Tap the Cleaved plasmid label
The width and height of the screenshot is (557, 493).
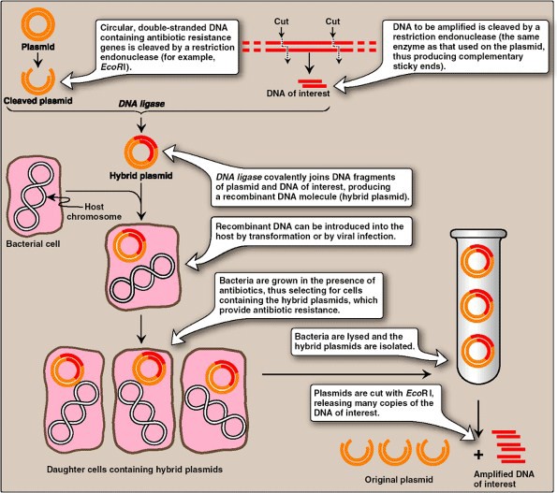(38, 101)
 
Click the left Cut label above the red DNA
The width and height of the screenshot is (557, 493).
(281, 22)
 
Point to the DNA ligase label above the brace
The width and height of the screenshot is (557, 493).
(141, 104)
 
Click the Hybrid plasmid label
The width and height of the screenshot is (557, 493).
(141, 176)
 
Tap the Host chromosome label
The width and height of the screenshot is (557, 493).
(95, 211)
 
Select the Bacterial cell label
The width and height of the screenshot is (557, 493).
(33, 244)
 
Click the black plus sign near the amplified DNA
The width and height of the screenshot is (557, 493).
(478, 455)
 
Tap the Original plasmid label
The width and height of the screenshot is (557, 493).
(399, 480)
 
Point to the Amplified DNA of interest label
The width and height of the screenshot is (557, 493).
(504, 479)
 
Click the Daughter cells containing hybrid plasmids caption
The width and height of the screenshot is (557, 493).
(135, 470)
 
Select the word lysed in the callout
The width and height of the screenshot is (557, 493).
(359, 336)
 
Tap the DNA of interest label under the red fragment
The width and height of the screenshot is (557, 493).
(298, 94)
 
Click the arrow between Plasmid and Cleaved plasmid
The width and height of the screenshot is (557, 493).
(37, 59)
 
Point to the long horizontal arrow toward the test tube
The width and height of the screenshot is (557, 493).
(346, 374)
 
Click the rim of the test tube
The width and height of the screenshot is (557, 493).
(478, 233)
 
